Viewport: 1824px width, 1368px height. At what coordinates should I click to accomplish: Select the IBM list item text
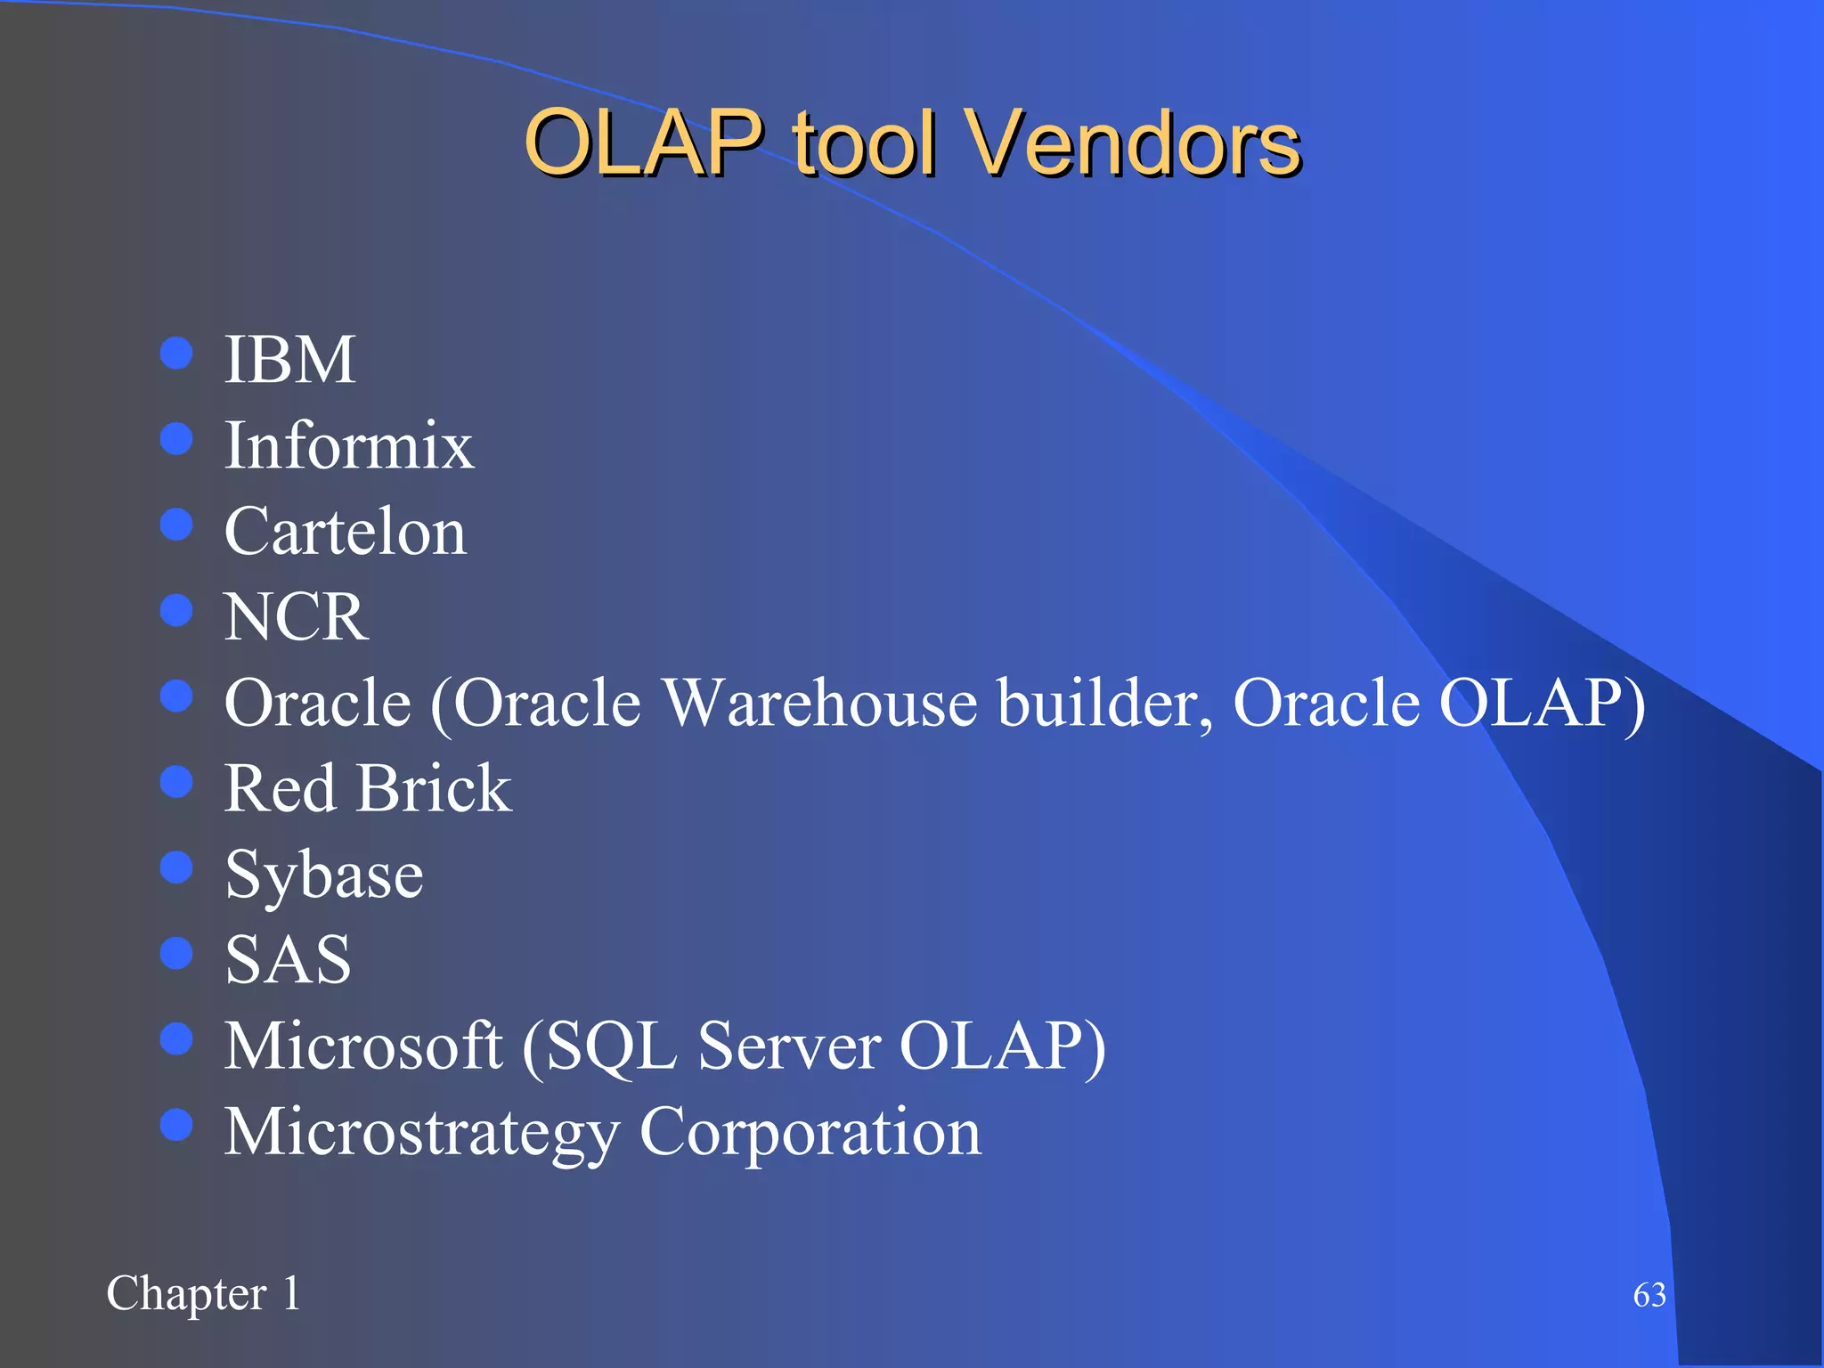tap(289, 360)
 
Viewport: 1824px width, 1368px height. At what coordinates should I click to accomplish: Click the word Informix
tap(348, 445)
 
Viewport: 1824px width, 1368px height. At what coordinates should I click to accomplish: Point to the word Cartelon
tap(345, 532)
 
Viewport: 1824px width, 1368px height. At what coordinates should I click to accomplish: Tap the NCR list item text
tap(295, 616)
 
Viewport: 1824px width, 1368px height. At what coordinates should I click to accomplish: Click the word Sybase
tap(323, 875)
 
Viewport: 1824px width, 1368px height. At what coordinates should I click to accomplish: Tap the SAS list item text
tap(288, 960)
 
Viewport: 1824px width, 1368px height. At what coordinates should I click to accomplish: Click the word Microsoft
tap(362, 1046)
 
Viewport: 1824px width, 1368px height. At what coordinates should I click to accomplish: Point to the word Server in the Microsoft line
tap(789, 1046)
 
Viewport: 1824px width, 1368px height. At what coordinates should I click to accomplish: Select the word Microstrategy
tap(421, 1133)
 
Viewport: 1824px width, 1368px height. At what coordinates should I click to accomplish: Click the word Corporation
tap(810, 1133)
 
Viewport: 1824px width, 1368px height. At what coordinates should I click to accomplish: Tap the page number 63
tap(1649, 1295)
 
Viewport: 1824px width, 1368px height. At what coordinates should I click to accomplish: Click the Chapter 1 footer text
tap(203, 1293)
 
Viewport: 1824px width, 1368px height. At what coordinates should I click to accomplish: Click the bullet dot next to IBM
tap(176, 353)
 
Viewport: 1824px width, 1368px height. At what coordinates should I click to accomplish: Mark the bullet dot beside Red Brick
tap(176, 781)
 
